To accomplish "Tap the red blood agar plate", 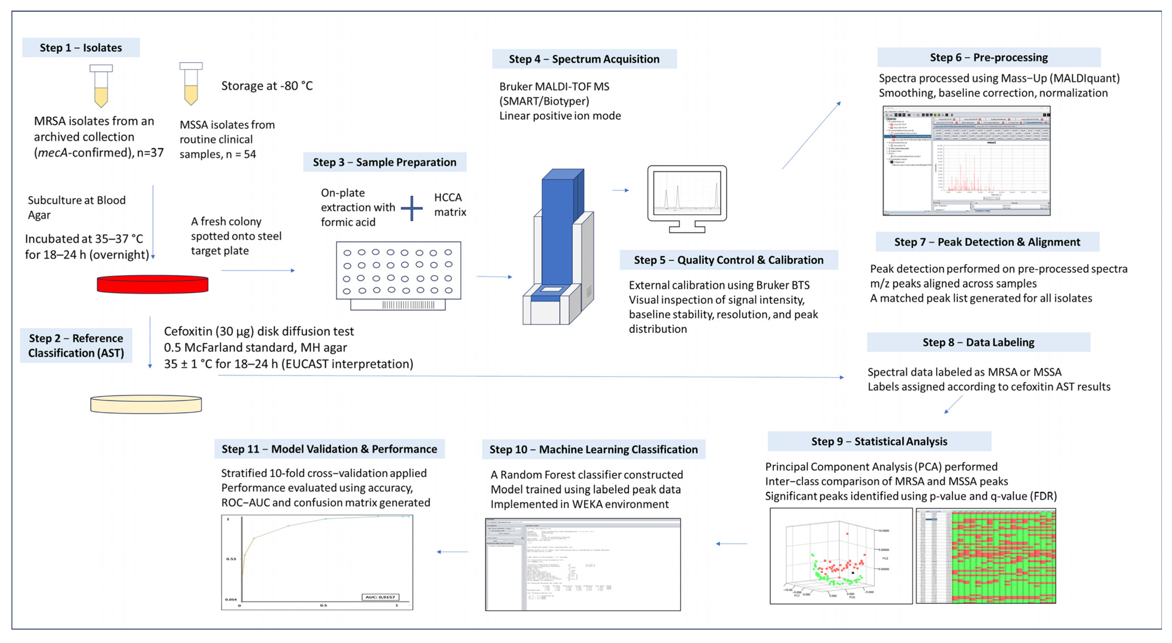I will click(x=152, y=284).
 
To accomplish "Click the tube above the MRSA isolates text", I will click(x=101, y=86).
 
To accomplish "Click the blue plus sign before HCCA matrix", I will click(x=412, y=209).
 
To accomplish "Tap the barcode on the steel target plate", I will click(x=408, y=305).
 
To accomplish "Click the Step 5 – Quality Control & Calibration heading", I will click(x=728, y=260).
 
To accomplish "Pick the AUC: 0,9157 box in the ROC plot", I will click(x=380, y=597).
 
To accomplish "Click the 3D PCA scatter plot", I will click(x=841, y=556).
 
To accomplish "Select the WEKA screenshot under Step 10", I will click(x=583, y=564).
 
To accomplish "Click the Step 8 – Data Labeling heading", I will click(x=978, y=342).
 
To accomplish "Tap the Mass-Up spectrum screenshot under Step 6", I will click(x=966, y=161).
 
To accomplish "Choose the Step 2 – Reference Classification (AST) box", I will click(x=76, y=345).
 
